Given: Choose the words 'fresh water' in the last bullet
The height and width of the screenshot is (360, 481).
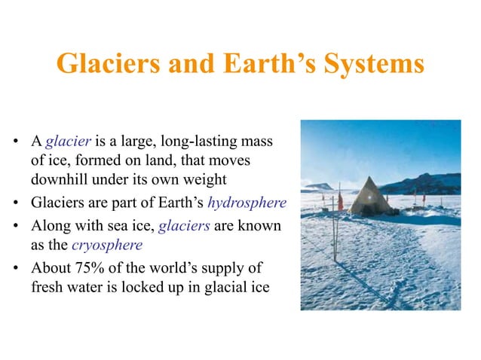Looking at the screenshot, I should tap(66, 287).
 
